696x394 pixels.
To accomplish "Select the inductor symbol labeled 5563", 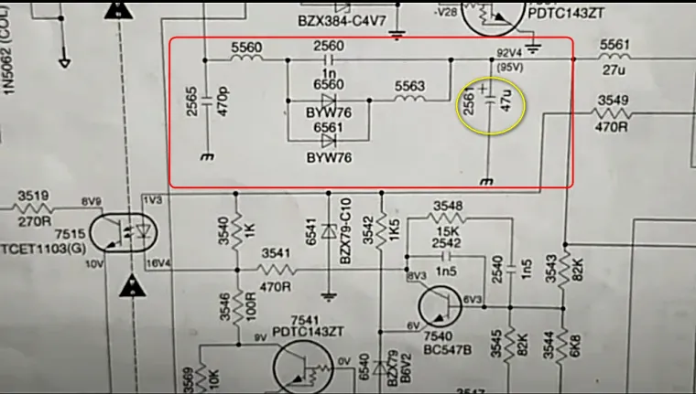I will pyautogui.click(x=409, y=99).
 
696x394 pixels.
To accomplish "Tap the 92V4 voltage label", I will pyautogui.click(x=508, y=52).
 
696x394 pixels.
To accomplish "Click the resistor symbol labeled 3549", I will pyautogui.click(x=612, y=114).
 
